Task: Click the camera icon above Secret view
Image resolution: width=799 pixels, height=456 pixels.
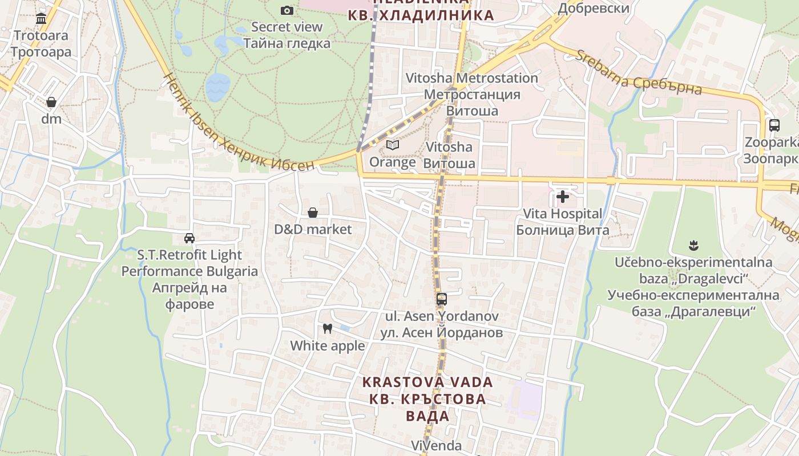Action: click(x=287, y=10)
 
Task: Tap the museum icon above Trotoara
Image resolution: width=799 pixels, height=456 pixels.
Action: click(x=41, y=19)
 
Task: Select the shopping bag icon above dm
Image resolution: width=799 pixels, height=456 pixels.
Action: click(x=51, y=102)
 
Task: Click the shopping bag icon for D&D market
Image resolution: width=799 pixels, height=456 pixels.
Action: click(x=313, y=213)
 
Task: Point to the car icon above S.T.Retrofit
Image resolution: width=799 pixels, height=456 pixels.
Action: click(x=189, y=238)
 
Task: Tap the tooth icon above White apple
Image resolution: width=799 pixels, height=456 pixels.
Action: click(x=328, y=328)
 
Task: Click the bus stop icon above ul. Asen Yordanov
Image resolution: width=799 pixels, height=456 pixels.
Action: click(x=441, y=299)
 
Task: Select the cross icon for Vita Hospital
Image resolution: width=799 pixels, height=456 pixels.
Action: click(x=563, y=197)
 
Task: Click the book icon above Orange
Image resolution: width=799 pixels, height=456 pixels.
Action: click(x=392, y=145)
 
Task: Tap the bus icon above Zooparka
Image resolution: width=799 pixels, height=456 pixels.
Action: click(x=774, y=125)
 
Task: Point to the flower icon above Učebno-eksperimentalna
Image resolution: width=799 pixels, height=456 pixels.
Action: click(x=693, y=246)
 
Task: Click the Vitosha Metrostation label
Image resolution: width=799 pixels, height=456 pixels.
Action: click(x=472, y=78)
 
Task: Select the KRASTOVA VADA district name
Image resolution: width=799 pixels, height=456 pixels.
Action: click(x=428, y=382)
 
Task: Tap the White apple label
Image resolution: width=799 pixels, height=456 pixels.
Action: click(x=328, y=346)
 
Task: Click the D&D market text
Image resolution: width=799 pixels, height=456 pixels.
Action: click(x=313, y=230)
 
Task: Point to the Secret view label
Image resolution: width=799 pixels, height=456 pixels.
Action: click(x=287, y=27)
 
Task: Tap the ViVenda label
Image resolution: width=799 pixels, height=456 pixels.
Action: click(x=437, y=445)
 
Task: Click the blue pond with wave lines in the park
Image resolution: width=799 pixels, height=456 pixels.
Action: click(x=217, y=87)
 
